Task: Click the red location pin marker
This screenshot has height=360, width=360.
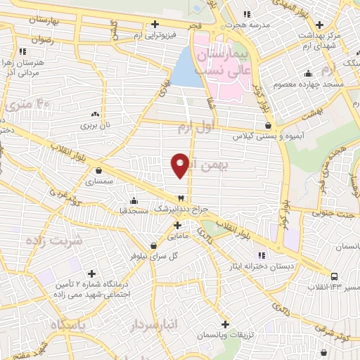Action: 180,165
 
